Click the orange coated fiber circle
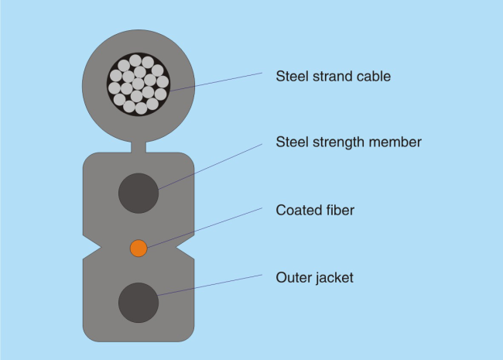tap(139, 248)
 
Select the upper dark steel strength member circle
tap(139, 193)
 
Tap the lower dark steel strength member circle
tap(139, 303)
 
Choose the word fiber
tap(340, 210)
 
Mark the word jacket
tap(335, 278)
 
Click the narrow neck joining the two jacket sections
tap(139, 147)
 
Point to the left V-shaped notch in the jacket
tap(92, 248)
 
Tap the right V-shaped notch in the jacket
tap(185, 248)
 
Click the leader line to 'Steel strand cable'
tap(216, 82)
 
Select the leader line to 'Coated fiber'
tap(204, 228)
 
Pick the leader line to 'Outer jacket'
tap(210, 285)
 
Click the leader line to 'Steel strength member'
tap(210, 167)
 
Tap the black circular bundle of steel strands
tap(139, 84)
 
